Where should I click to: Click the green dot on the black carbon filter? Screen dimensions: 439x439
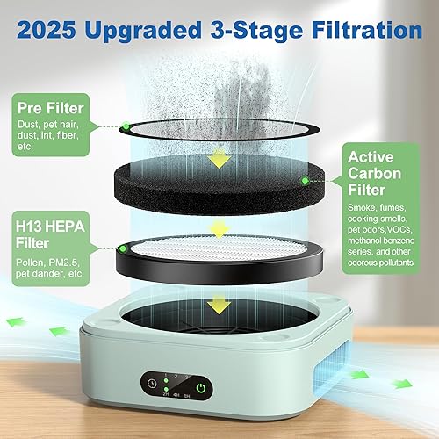(x=305, y=180)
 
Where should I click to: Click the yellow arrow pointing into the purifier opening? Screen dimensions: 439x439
(x=214, y=306)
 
